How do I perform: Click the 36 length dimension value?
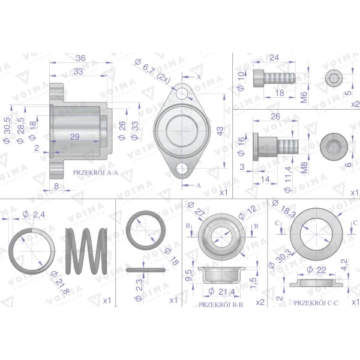pyautogui.click(x=81, y=58)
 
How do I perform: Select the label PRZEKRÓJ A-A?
pyautogui.click(x=95, y=173)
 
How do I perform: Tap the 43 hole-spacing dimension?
pyautogui.click(x=220, y=131)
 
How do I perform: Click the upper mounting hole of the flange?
pyautogui.click(x=182, y=94)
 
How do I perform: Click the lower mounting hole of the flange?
pyautogui.click(x=182, y=168)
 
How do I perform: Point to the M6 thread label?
pyautogui.click(x=304, y=97)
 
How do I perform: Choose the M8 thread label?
pyautogui.click(x=304, y=167)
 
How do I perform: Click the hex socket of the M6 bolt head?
pyautogui.click(x=334, y=79)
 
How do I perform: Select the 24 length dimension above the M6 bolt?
pyautogui.click(x=274, y=58)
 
